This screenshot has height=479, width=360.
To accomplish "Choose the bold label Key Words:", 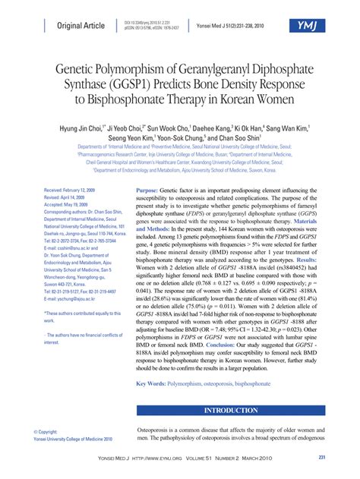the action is tap(150, 384).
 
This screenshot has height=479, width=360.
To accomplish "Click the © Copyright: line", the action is tap(46, 431).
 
